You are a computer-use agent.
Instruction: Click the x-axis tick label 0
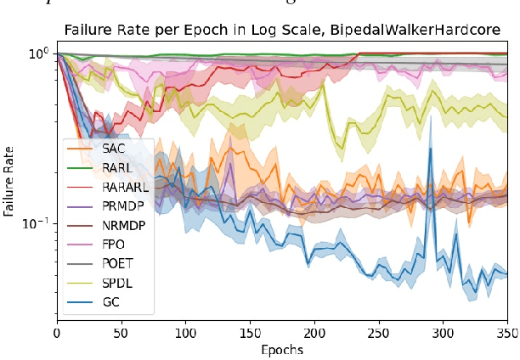click(57, 332)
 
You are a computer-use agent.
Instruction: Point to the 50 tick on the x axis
click(122, 332)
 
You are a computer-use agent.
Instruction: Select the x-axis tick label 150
click(250, 332)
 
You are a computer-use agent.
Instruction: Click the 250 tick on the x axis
click(379, 332)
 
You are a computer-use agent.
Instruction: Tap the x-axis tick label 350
click(507, 332)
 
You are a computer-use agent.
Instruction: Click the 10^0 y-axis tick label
click(40, 54)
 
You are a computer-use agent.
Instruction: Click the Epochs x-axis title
click(282, 349)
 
